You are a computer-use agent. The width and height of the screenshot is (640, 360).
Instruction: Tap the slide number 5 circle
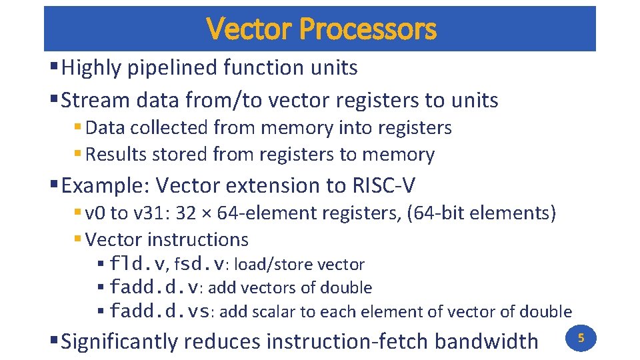[x=580, y=338]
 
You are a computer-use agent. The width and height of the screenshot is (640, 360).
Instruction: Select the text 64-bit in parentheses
[x=438, y=213]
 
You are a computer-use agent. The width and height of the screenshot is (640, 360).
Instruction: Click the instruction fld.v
[x=139, y=264]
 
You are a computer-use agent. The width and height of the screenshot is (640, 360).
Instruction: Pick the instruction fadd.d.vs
[x=160, y=311]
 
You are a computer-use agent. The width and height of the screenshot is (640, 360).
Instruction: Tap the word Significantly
[x=120, y=341]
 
